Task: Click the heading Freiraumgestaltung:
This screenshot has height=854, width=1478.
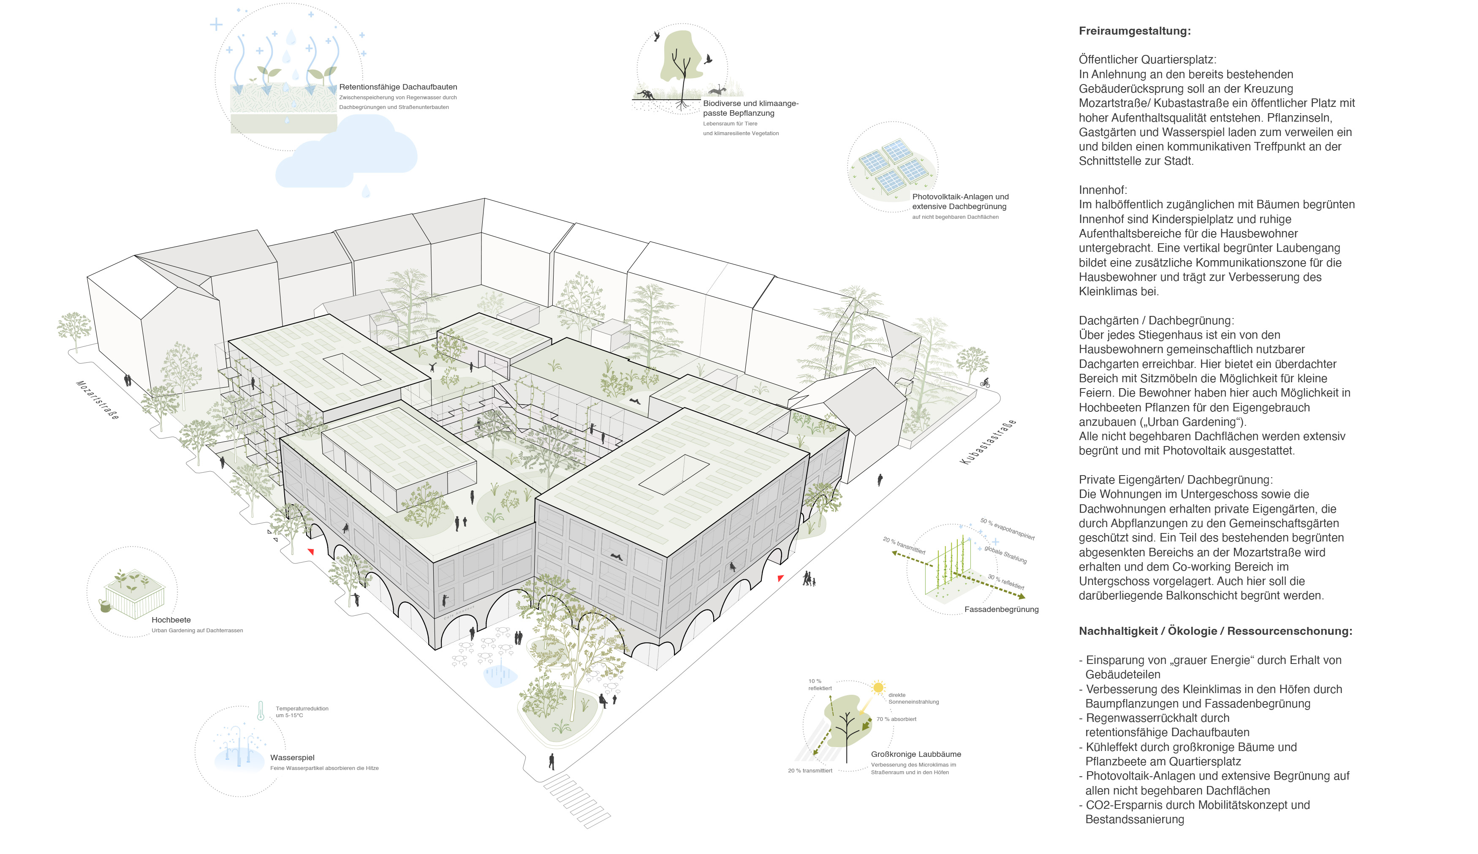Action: (x=1134, y=31)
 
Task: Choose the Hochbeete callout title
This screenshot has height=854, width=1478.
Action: (x=171, y=620)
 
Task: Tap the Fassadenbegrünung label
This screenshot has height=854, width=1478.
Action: (x=1001, y=609)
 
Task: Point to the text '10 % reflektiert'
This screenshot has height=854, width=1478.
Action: (x=819, y=685)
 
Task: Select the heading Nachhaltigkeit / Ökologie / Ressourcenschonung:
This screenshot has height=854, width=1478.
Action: (x=1215, y=631)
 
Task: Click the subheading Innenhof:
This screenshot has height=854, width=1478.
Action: (x=1102, y=190)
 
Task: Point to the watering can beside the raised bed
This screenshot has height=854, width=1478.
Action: (x=105, y=605)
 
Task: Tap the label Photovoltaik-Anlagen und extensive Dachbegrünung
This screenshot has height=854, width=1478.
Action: (x=960, y=201)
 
